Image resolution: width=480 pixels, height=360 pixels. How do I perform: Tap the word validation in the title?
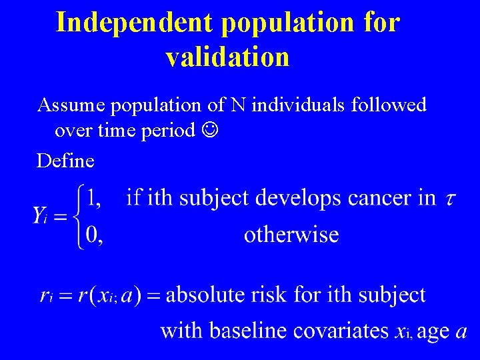click(x=227, y=57)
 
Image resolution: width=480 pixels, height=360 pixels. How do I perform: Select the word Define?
click(x=65, y=160)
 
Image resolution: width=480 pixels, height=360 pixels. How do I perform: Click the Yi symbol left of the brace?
click(x=45, y=215)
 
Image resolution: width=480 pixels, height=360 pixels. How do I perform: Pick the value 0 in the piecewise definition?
click(x=94, y=235)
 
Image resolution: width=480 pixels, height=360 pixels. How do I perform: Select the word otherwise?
click(x=291, y=235)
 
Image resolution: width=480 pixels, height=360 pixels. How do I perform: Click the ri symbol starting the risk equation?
click(x=46, y=295)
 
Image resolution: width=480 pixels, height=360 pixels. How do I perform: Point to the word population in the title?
click(x=289, y=22)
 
